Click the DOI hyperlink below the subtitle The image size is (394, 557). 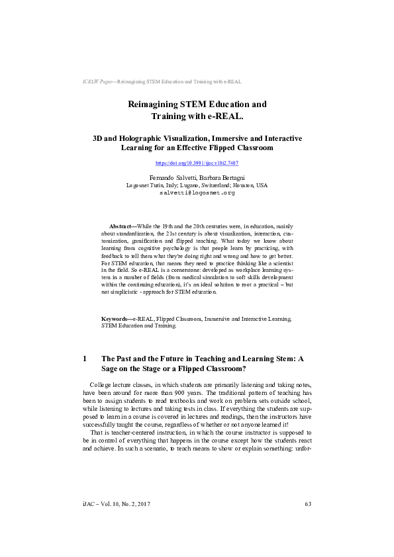[197, 163]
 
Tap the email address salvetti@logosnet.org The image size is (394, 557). [197, 193]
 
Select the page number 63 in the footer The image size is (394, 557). [308, 505]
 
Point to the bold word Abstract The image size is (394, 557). [120, 226]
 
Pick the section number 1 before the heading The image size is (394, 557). [85, 359]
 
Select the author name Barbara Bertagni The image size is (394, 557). [221, 177]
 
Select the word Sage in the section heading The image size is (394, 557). [111, 369]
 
